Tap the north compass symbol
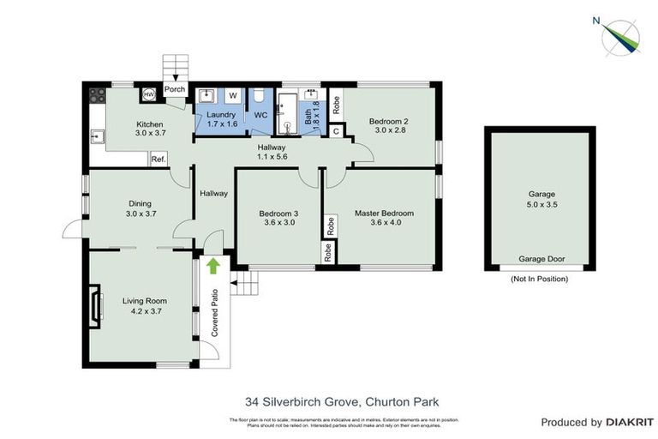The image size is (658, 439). (619, 35)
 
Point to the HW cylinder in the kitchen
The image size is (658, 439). (149, 94)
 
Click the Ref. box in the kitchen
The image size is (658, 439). (159, 159)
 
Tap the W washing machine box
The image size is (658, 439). (232, 94)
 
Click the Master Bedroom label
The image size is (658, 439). (385, 213)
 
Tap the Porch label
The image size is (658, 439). (175, 88)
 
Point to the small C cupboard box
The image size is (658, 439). (336, 130)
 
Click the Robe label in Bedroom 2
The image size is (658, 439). (336, 105)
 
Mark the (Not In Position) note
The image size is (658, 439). (539, 279)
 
